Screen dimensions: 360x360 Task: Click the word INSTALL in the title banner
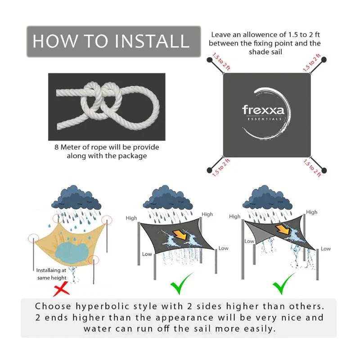(x=152, y=41)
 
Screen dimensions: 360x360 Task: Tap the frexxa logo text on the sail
(x=263, y=110)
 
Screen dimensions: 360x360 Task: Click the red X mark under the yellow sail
(x=61, y=288)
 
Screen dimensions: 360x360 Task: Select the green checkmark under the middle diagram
(x=182, y=283)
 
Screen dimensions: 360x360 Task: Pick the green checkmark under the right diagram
(x=283, y=283)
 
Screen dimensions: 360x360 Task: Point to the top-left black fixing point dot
(x=209, y=60)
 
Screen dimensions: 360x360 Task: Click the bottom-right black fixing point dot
(x=324, y=171)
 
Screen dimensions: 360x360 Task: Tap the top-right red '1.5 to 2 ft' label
(x=311, y=63)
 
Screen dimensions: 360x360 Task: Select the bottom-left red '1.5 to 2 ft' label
(x=221, y=167)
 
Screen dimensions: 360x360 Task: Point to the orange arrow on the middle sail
(x=180, y=235)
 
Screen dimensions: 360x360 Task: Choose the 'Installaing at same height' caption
(x=51, y=274)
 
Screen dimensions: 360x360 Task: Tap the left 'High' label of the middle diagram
(x=131, y=218)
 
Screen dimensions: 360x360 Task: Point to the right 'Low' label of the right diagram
(x=325, y=249)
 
